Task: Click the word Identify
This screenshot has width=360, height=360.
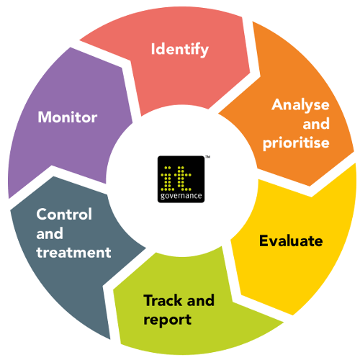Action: (180, 50)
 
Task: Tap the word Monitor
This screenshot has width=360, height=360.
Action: (68, 117)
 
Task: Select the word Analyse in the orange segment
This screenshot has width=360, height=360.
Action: (300, 105)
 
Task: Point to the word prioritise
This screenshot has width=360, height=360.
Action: (296, 143)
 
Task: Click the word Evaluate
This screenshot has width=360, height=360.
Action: (291, 240)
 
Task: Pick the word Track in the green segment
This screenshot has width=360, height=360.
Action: (163, 300)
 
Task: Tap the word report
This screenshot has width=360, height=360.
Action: (167, 320)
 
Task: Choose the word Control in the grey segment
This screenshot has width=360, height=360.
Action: (64, 214)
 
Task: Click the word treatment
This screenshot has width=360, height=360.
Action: (73, 252)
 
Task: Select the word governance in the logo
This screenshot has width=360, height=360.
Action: (181, 196)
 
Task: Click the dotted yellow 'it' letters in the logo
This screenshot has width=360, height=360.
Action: (176, 178)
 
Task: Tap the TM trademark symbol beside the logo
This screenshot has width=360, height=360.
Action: (208, 157)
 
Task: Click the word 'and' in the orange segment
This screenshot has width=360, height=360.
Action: (316, 124)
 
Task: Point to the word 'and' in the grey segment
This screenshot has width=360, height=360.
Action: (50, 233)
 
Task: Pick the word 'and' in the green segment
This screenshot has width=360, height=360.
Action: (200, 300)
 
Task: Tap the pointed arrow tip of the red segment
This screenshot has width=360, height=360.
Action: (250, 72)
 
